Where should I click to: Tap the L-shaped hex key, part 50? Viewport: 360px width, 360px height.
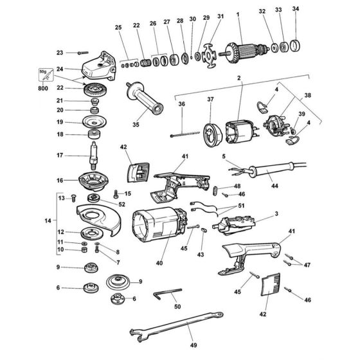tap(168, 294)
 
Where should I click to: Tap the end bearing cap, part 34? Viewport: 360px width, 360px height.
tap(296, 46)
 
